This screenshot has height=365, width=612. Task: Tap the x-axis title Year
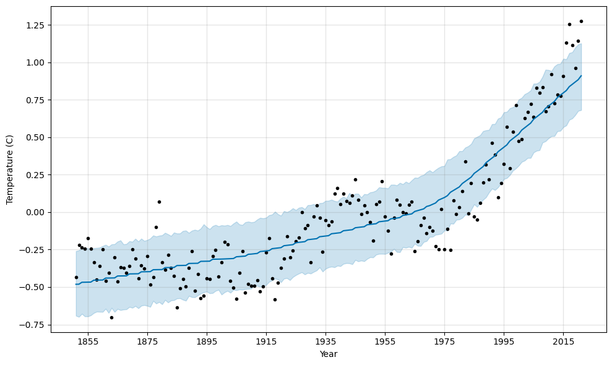[328, 354]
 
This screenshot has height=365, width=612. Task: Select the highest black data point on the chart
[581, 21]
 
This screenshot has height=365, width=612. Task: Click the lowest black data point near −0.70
[111, 317]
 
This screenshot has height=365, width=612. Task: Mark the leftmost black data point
[76, 277]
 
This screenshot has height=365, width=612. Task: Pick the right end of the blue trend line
[581, 75]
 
